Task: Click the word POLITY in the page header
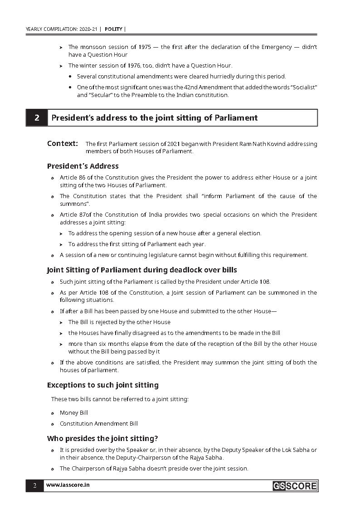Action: (x=113, y=29)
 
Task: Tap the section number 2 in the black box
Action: (x=37, y=118)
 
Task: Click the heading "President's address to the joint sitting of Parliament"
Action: (x=154, y=118)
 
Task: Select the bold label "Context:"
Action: (x=63, y=144)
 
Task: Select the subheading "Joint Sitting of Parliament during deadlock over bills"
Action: (x=142, y=270)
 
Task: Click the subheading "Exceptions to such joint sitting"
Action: (x=103, y=385)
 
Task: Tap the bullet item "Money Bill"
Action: (x=74, y=413)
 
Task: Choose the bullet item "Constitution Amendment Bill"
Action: (x=99, y=424)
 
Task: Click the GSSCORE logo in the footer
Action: (x=295, y=486)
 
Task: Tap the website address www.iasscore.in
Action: (x=68, y=485)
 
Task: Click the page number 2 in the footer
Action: (x=34, y=486)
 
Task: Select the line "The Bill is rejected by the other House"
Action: (x=119, y=322)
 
